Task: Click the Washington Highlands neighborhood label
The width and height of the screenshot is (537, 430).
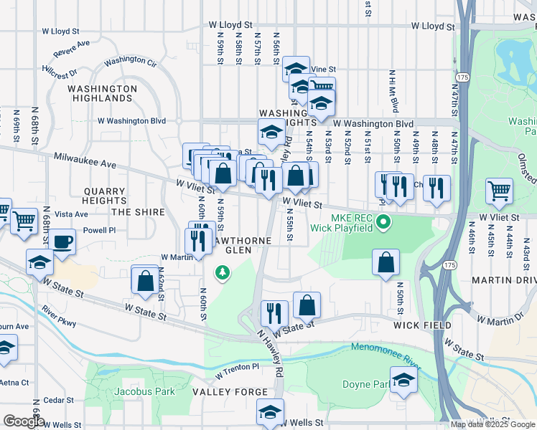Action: click(x=102, y=93)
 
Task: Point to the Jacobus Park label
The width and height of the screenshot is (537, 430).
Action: click(x=144, y=392)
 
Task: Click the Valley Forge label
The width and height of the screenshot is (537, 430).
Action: click(x=230, y=392)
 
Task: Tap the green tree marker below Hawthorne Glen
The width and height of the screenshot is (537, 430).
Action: click(x=223, y=272)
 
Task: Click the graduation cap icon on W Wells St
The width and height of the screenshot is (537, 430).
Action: click(x=270, y=411)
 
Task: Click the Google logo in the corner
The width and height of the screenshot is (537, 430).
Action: click(x=24, y=421)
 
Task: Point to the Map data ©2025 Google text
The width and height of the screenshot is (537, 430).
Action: click(x=492, y=424)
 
